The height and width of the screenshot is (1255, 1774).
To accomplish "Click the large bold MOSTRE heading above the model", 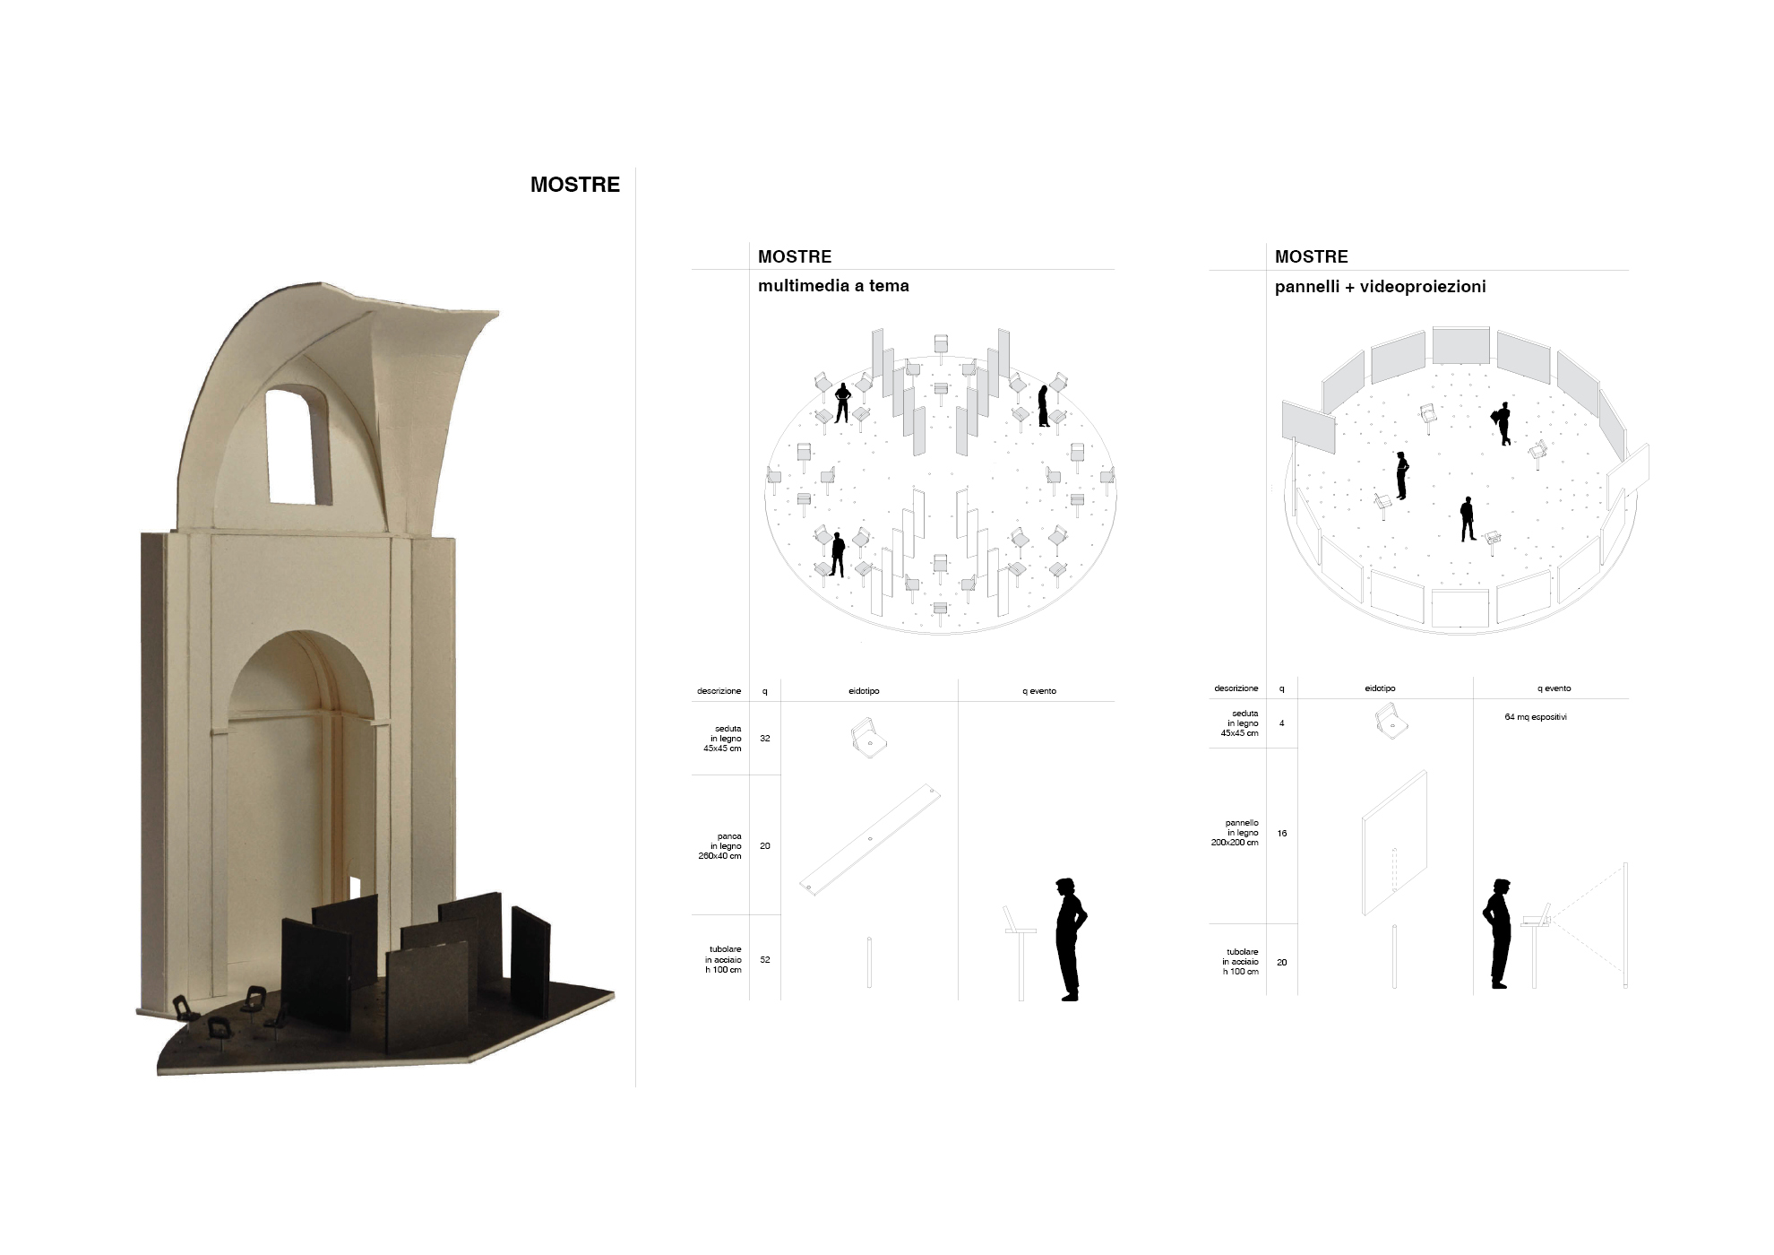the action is click(575, 185).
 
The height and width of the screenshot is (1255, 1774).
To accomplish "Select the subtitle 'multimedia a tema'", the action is click(833, 286).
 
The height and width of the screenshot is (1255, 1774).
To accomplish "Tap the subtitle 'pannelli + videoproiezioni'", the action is click(1381, 287).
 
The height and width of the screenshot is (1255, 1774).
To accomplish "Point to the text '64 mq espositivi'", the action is click(1536, 717).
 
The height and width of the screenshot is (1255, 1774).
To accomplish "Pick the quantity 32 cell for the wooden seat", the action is click(765, 739).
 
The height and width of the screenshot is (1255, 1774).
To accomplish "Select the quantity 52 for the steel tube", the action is click(765, 960).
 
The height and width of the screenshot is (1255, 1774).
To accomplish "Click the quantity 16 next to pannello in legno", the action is click(1282, 834).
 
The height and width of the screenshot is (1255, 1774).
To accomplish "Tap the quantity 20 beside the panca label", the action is click(765, 846).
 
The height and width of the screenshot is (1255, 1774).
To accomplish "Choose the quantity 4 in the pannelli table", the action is click(1282, 723).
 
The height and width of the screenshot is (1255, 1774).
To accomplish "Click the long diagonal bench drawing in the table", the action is click(870, 839).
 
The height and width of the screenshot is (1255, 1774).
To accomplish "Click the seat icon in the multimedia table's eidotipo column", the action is click(868, 738).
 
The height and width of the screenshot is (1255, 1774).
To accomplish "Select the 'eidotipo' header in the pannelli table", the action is click(1381, 688).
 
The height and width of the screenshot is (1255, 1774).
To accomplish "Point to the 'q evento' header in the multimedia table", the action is click(1039, 691).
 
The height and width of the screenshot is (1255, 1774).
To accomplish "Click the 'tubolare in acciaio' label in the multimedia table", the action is click(724, 960).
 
